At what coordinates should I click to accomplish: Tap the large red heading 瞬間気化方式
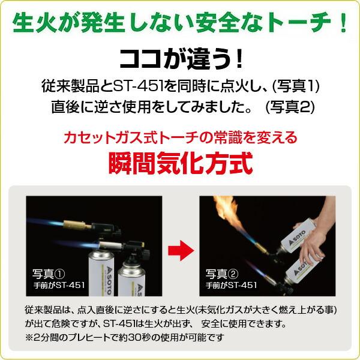(x=180, y=163)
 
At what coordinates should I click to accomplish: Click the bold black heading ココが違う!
(x=180, y=58)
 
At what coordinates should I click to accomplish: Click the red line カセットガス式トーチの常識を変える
(x=180, y=137)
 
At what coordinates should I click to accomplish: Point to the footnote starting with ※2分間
(x=121, y=337)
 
